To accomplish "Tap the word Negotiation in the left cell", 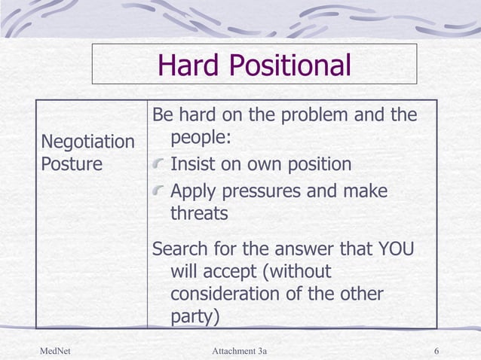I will tap(87, 142).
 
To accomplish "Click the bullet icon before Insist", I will tap(159, 165).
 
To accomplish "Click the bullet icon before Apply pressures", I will tap(159, 191).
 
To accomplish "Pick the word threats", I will tap(199, 214).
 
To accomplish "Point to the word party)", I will tap(195, 317).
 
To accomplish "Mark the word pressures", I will tap(264, 191).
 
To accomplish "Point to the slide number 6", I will tap(437, 351).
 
